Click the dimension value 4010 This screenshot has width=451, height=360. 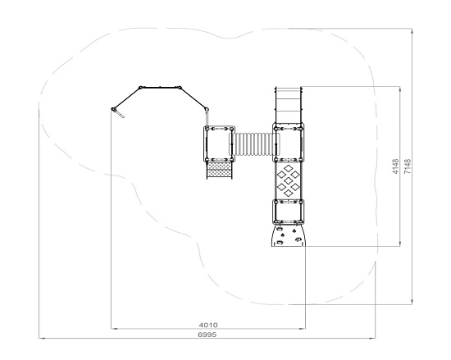pos(208,325)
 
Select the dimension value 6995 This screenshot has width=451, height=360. pos(207,335)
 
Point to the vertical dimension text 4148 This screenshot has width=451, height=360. pos(396,166)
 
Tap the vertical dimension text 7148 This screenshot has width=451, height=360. pos(408,166)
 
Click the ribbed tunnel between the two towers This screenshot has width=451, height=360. pos(254,144)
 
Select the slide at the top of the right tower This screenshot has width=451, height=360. pos(288,105)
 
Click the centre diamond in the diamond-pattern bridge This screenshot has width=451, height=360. pos(288,180)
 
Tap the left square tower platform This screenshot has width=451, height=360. pos(219,144)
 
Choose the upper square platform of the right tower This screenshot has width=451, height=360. pos(288,143)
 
